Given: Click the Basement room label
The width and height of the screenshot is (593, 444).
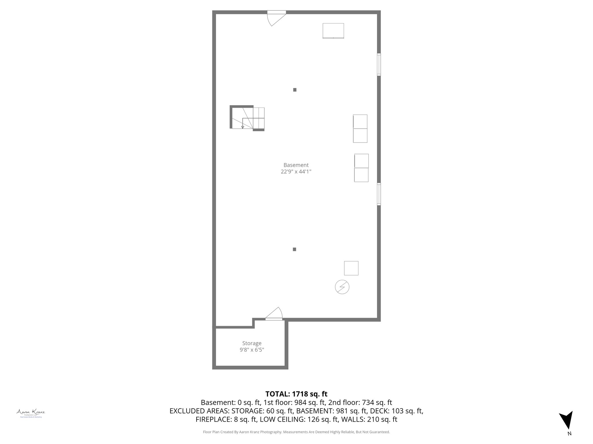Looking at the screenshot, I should [296, 165].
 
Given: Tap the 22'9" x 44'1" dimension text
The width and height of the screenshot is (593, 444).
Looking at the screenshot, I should [296, 172].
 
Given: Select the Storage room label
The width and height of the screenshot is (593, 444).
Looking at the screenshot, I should [252, 343].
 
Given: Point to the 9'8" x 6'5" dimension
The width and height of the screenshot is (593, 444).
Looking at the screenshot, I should [252, 350].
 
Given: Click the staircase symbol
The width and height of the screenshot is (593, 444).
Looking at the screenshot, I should [248, 118].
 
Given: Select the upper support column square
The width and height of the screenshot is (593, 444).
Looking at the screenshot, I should [295, 90].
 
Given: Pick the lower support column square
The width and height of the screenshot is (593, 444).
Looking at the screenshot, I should [294, 249].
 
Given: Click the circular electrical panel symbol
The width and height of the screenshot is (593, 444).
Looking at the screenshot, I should [342, 287].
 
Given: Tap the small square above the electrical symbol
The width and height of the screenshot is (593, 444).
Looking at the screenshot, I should [351, 268].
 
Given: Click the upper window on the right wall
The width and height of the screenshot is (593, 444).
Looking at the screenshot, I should [379, 64].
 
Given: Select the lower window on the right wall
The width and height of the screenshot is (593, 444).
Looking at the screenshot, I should [379, 194].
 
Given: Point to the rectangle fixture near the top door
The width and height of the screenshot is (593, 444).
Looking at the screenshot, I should [333, 31].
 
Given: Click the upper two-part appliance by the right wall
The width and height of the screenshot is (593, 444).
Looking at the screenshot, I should [360, 129].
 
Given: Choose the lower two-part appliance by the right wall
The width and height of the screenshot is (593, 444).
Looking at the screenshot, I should [361, 168].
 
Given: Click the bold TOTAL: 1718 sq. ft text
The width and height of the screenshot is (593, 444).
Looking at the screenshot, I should [296, 394].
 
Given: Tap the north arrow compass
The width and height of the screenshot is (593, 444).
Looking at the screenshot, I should [566, 424].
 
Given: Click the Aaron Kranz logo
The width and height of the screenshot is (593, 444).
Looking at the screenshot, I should [30, 412].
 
